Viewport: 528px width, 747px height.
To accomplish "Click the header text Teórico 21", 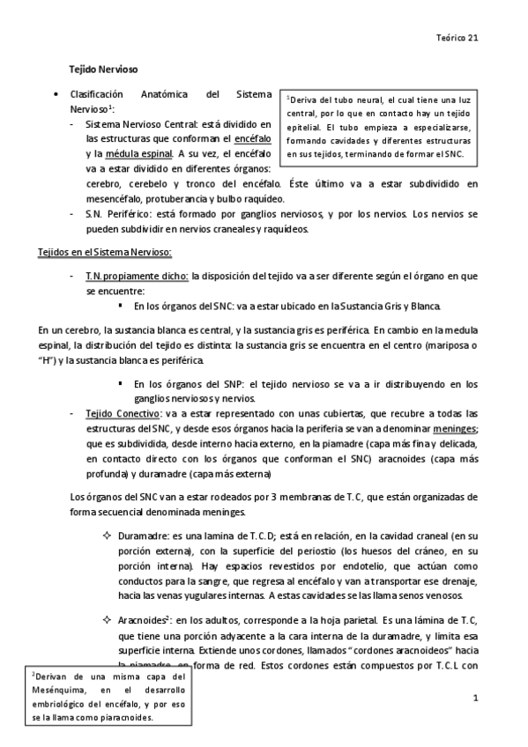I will coord(458,38).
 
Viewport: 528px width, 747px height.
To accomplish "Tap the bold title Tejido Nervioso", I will coord(104,68).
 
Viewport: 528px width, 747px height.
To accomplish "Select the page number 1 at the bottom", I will coord(474,699).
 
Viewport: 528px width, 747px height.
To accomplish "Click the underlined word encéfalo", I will coord(254,139).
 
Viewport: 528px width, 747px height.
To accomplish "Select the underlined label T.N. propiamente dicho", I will coord(137,276).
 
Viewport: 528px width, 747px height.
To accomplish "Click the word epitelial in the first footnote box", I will coord(308,128).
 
